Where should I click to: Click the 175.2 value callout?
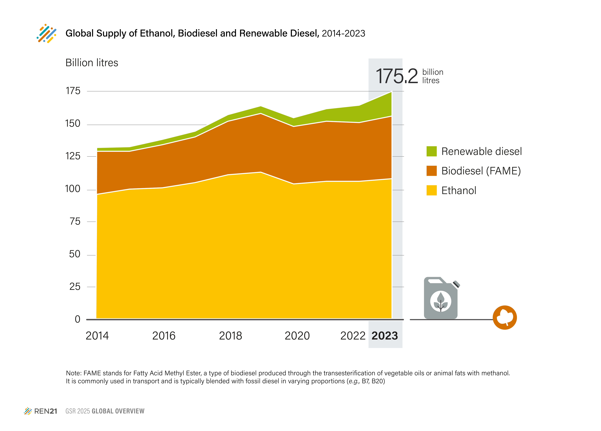pos(397,76)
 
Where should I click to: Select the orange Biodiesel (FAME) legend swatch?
pos(431,171)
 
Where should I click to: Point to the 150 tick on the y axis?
pos(73,124)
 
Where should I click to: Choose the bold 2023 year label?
pos(385,336)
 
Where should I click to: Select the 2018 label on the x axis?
pos(230,336)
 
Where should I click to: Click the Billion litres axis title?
pos(92,63)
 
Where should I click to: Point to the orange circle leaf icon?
pos(505,317)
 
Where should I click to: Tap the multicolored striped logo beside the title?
pos(46,33)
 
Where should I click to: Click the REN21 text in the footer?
pos(46,411)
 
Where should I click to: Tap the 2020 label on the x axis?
pos(297,336)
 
